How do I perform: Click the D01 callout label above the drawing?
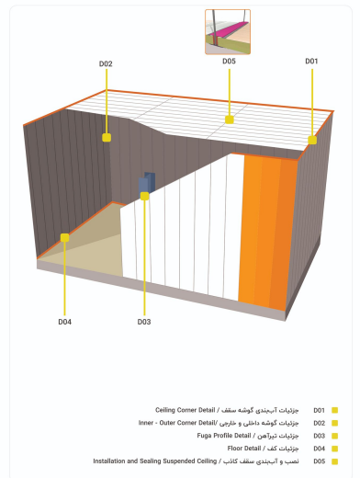coord(311,62)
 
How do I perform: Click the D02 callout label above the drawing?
coord(106,63)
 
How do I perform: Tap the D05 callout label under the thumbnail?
coord(229,62)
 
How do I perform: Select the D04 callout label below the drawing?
coord(65,322)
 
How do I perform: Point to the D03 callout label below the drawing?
coord(144,322)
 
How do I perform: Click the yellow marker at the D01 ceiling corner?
coord(312,140)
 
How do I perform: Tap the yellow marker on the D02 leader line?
coord(107,137)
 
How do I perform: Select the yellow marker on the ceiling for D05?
coord(230,119)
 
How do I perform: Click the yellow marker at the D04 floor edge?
coord(64,237)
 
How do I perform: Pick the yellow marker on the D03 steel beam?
coord(144,196)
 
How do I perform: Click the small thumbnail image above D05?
coord(228,32)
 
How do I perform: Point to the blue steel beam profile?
coord(147,183)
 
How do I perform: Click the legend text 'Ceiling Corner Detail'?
coord(186,410)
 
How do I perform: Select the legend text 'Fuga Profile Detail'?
coord(224,436)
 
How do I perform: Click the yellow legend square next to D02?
coord(334,423)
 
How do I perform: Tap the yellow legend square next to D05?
coord(334,461)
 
